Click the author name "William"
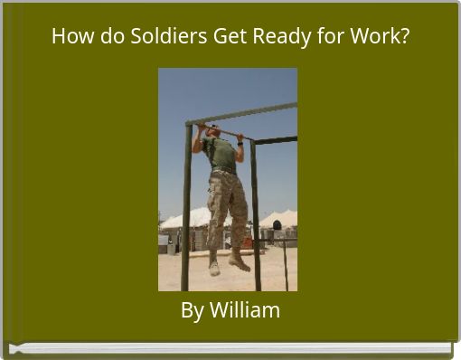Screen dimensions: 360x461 245,310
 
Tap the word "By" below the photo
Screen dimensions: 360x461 192,311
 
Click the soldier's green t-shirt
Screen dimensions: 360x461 221,154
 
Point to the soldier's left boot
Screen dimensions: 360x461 240,262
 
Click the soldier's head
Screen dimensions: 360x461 211,132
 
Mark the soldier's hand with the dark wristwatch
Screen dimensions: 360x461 240,139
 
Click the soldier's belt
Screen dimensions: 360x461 222,173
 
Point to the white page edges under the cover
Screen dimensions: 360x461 230,347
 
